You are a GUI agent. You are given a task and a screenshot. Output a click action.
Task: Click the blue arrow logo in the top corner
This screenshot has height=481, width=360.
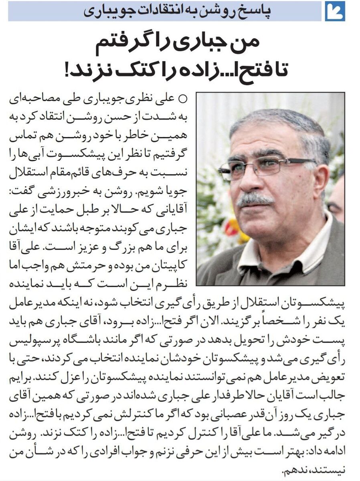pyautogui.click(x=335, y=11)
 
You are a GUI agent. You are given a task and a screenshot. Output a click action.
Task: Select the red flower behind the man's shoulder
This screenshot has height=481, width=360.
pyautogui.click(x=232, y=228)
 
